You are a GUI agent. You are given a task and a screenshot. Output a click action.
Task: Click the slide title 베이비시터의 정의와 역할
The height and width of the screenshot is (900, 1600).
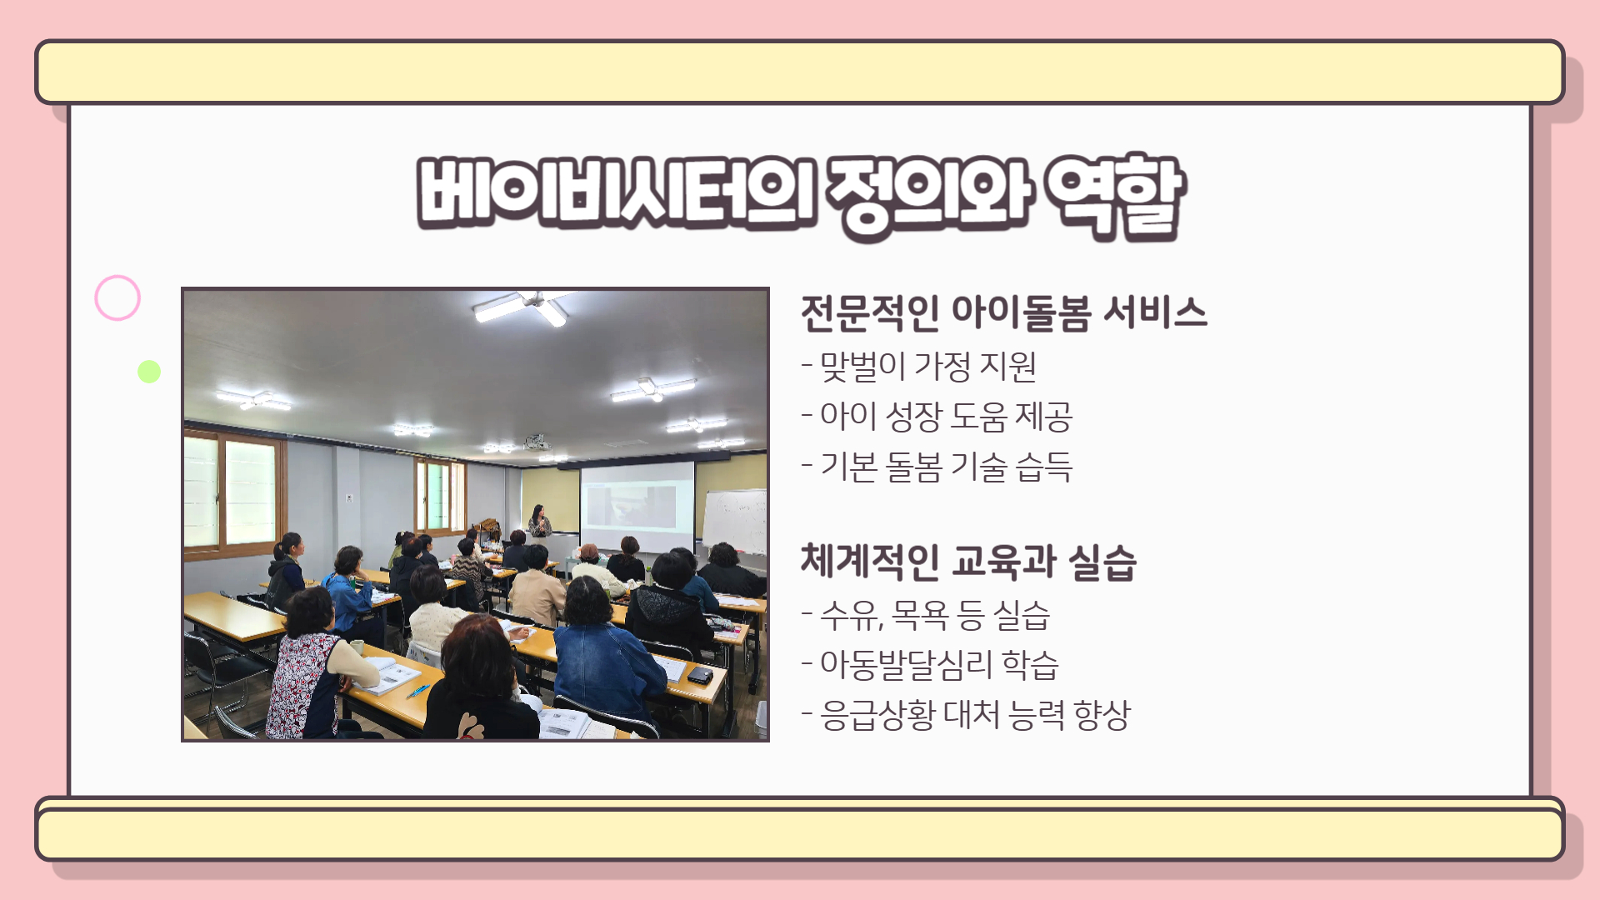[801, 197]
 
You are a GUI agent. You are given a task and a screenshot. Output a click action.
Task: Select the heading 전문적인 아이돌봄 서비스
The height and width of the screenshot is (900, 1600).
[1003, 313]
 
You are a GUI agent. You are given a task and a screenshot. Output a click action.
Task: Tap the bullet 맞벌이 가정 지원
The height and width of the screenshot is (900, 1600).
[919, 367]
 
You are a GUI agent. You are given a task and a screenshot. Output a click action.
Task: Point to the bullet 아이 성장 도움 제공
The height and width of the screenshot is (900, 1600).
[937, 417]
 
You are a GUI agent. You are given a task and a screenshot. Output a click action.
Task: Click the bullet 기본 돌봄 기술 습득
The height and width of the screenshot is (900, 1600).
[937, 467]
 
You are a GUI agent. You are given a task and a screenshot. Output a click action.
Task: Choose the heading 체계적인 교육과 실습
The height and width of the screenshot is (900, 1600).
[968, 562]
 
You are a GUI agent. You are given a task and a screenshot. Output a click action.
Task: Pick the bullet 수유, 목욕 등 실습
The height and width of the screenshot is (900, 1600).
[926, 616]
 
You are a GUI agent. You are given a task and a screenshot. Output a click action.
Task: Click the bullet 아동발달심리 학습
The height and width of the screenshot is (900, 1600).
[930, 665]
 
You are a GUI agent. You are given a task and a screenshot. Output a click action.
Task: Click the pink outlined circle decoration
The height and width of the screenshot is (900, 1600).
[117, 277]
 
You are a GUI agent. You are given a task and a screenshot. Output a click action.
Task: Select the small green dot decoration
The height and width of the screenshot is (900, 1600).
[149, 372]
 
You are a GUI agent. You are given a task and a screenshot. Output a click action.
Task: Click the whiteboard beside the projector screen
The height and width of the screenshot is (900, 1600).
[734, 520]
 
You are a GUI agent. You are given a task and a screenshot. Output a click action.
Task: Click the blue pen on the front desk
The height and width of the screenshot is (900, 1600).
[417, 691]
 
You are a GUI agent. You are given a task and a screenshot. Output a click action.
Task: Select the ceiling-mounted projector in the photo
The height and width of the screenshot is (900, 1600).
[537, 442]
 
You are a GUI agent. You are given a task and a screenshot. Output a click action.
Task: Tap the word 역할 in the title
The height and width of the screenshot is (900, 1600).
[1115, 197]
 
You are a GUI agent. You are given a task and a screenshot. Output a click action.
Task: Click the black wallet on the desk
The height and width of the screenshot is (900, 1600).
[700, 674]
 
